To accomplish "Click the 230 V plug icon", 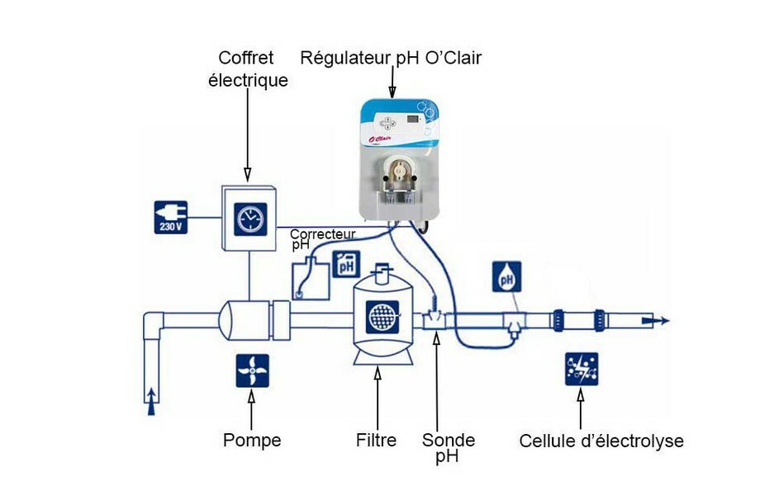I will click(171, 217).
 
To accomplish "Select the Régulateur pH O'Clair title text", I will click(391, 58).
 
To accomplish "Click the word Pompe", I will click(252, 441).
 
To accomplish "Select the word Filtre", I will click(377, 441).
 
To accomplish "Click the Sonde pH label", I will click(448, 447).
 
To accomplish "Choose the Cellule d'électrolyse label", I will click(601, 441).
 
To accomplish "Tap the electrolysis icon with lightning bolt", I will click(581, 370).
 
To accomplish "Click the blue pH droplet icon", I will click(507, 277).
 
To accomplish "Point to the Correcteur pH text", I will click(321, 238).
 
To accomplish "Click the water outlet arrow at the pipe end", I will click(659, 322).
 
